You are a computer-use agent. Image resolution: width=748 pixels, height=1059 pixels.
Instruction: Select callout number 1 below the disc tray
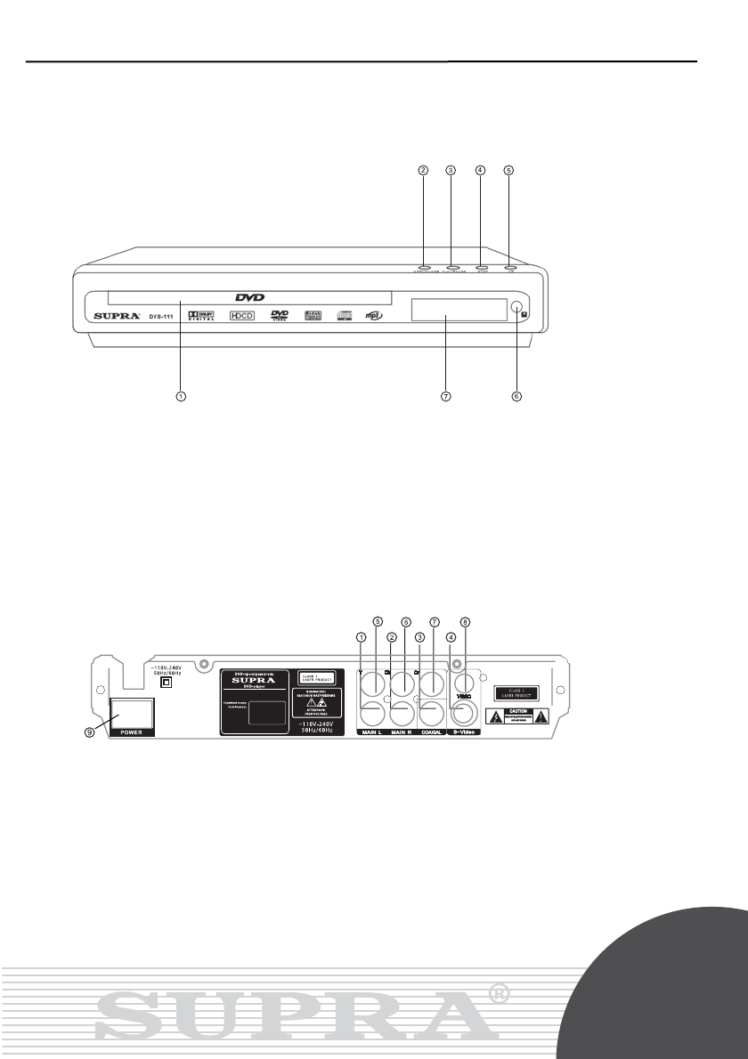(181, 397)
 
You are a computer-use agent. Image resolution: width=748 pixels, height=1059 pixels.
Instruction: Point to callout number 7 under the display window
(447, 397)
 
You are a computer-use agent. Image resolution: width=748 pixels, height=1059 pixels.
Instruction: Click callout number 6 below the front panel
(516, 397)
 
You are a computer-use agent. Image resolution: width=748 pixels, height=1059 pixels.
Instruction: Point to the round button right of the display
(517, 308)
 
